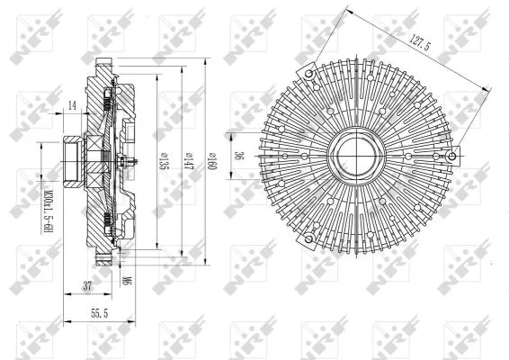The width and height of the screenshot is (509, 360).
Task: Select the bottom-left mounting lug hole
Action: click(x=308, y=237)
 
